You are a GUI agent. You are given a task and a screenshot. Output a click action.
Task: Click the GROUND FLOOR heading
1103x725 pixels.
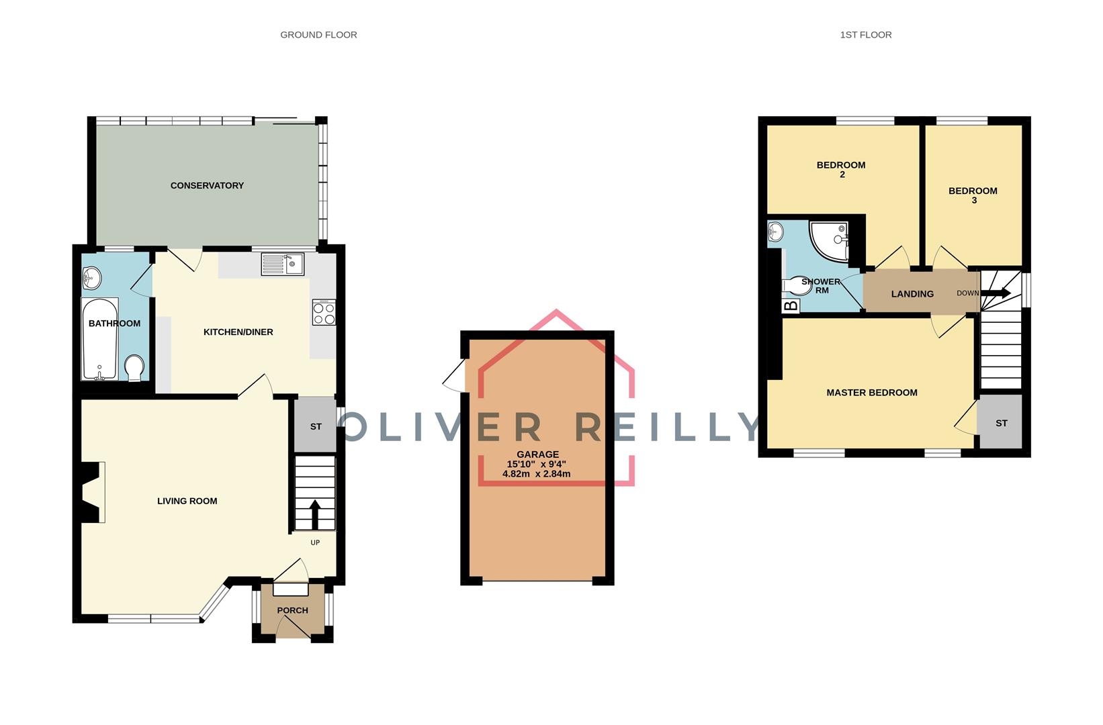(318, 35)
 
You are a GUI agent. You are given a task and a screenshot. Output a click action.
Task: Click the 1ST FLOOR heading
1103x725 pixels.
(866, 35)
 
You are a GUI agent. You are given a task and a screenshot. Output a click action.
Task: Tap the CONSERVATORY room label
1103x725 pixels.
(207, 185)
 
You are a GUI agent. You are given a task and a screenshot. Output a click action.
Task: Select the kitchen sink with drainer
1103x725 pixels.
(283, 264)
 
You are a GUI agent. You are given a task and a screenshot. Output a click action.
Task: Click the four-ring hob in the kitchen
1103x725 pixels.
(324, 313)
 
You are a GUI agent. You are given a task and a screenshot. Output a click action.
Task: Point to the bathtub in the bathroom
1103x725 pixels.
(100, 340)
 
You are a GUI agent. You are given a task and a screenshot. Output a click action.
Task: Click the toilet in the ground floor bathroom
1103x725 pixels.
(134, 369)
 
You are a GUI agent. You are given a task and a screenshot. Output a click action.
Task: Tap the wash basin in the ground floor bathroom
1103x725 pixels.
(91, 279)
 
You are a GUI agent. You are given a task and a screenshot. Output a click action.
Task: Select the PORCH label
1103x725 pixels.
(292, 610)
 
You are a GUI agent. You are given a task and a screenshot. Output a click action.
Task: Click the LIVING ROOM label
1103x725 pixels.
(187, 501)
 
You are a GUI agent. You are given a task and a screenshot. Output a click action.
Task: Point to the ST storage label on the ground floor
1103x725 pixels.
(316, 427)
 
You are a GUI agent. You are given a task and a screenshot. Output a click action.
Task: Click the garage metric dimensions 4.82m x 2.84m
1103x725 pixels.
(536, 474)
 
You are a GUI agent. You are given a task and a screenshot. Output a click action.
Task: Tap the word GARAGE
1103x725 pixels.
(537, 454)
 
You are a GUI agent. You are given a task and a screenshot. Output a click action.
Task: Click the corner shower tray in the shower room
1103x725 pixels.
(829, 241)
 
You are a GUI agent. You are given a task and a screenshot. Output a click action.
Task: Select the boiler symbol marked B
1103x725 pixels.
(791, 305)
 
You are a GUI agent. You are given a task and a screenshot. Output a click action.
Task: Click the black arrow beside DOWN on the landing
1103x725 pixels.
(996, 293)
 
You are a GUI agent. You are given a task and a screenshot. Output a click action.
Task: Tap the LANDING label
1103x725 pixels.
(912, 294)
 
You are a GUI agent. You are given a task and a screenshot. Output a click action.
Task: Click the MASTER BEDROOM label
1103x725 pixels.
(871, 393)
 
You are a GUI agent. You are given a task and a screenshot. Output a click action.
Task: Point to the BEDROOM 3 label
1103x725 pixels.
(973, 195)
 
